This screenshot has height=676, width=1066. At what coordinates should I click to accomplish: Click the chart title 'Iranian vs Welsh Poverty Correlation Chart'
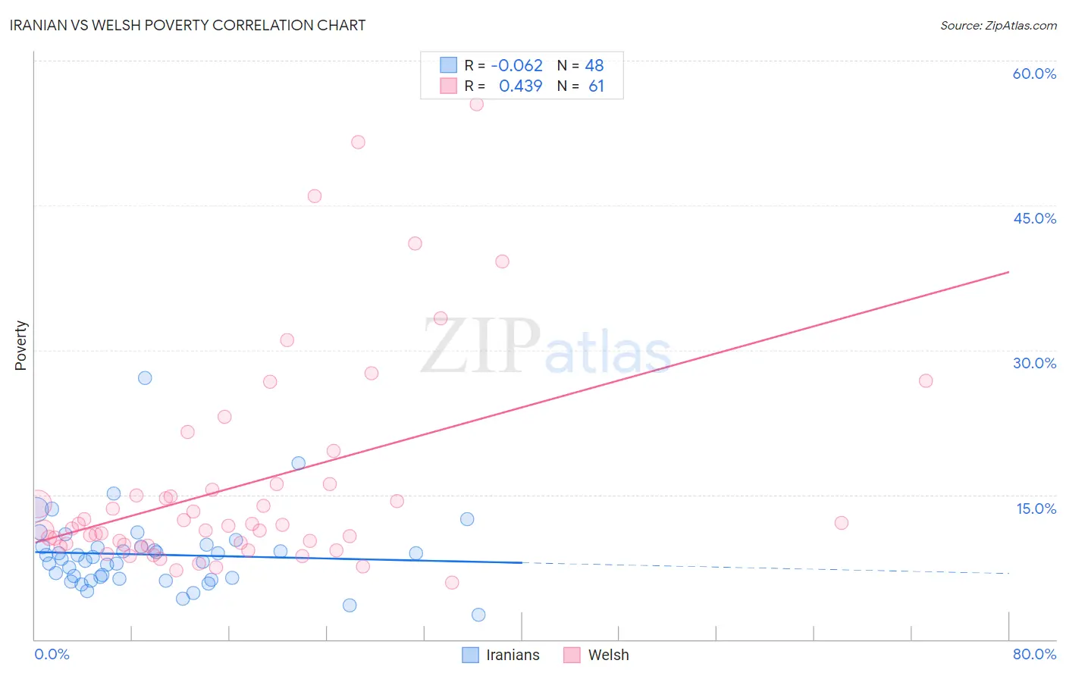point(187,25)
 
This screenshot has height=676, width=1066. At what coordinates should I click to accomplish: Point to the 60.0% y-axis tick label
point(1034,74)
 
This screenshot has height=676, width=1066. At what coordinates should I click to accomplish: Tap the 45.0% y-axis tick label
point(1034,218)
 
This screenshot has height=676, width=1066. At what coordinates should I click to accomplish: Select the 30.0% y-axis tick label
point(1034,363)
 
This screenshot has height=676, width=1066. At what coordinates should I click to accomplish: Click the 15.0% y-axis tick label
point(1036,509)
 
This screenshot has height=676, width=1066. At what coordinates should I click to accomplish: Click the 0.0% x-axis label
point(52,654)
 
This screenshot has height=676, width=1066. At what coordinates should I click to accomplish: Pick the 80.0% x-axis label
point(1034,654)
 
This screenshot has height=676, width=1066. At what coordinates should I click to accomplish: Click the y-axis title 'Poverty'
point(20,346)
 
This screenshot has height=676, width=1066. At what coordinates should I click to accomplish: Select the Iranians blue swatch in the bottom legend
point(471,655)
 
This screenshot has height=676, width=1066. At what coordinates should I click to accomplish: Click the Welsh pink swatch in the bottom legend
point(572,655)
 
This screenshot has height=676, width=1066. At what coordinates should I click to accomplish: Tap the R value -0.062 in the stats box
point(516,65)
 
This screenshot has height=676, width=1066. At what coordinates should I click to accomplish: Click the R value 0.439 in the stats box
point(520,86)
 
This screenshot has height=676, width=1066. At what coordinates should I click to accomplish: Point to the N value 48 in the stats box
point(594,65)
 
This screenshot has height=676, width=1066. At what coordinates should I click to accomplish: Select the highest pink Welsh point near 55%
point(476,104)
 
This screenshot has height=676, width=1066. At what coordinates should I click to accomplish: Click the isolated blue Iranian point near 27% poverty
point(145,377)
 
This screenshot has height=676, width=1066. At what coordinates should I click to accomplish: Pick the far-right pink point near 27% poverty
point(926,380)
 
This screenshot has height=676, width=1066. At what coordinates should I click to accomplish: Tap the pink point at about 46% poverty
point(315,196)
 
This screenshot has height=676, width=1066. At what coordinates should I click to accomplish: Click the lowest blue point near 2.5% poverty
point(478,615)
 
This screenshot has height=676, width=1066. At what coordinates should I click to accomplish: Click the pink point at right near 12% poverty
point(841,523)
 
